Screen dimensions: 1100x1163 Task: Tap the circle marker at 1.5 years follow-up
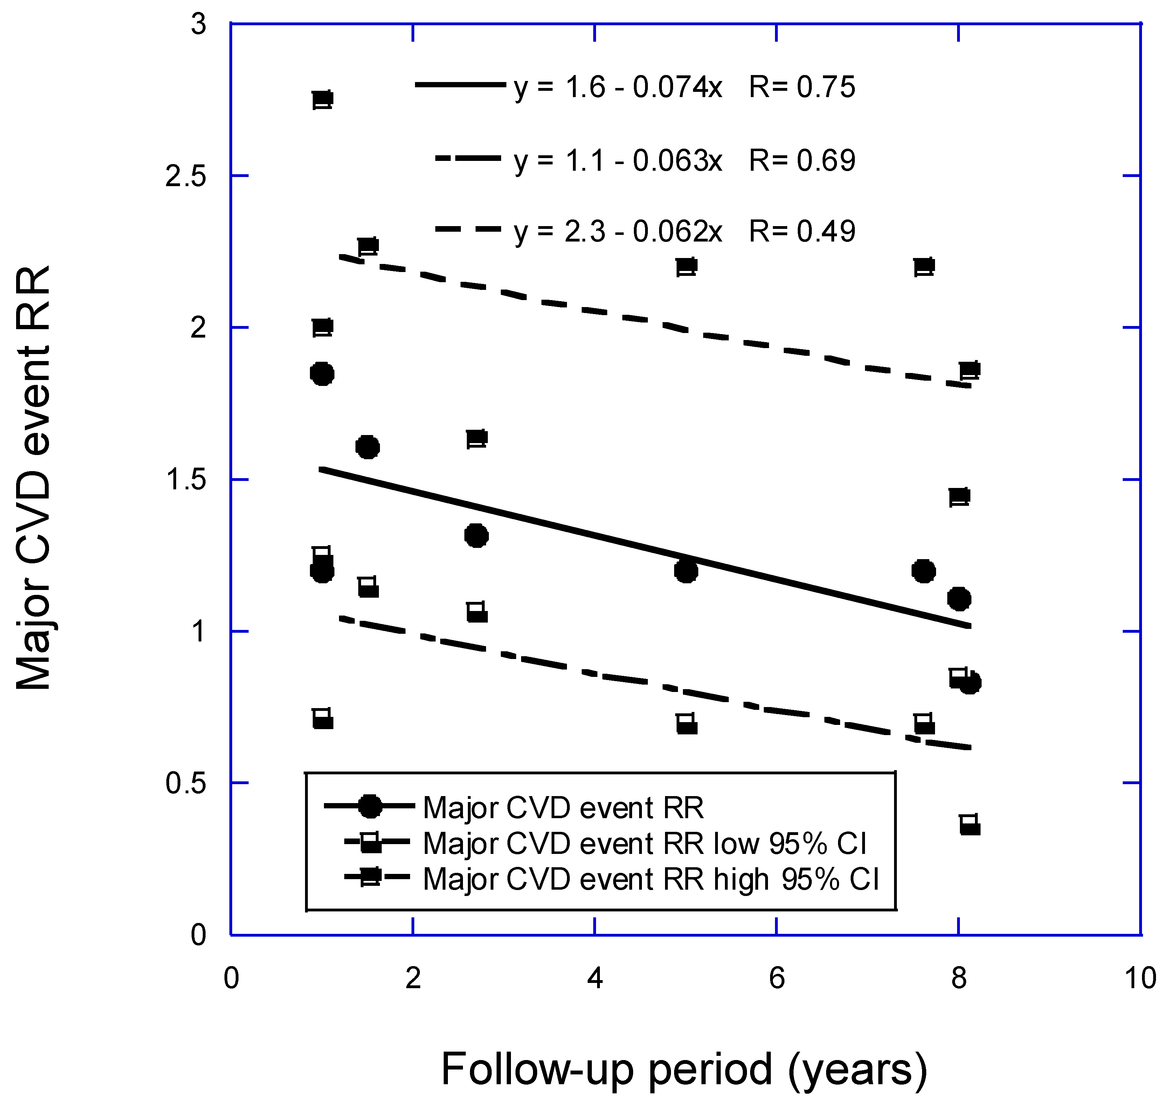tap(367, 447)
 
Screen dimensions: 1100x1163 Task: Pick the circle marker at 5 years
tap(685, 571)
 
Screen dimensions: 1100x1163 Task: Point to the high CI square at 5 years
tap(686, 266)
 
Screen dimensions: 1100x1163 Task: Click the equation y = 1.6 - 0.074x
tap(618, 87)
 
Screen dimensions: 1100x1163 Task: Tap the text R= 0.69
tap(802, 160)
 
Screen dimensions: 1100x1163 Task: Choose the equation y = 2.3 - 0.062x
tap(618, 232)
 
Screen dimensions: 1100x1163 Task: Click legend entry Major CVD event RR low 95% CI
tap(644, 844)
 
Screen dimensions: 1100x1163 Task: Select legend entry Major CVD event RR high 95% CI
tap(650, 880)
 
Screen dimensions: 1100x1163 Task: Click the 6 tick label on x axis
tap(776, 979)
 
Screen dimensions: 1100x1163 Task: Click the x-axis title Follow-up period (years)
tap(684, 1068)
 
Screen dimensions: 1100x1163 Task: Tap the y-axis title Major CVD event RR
tap(34, 478)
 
